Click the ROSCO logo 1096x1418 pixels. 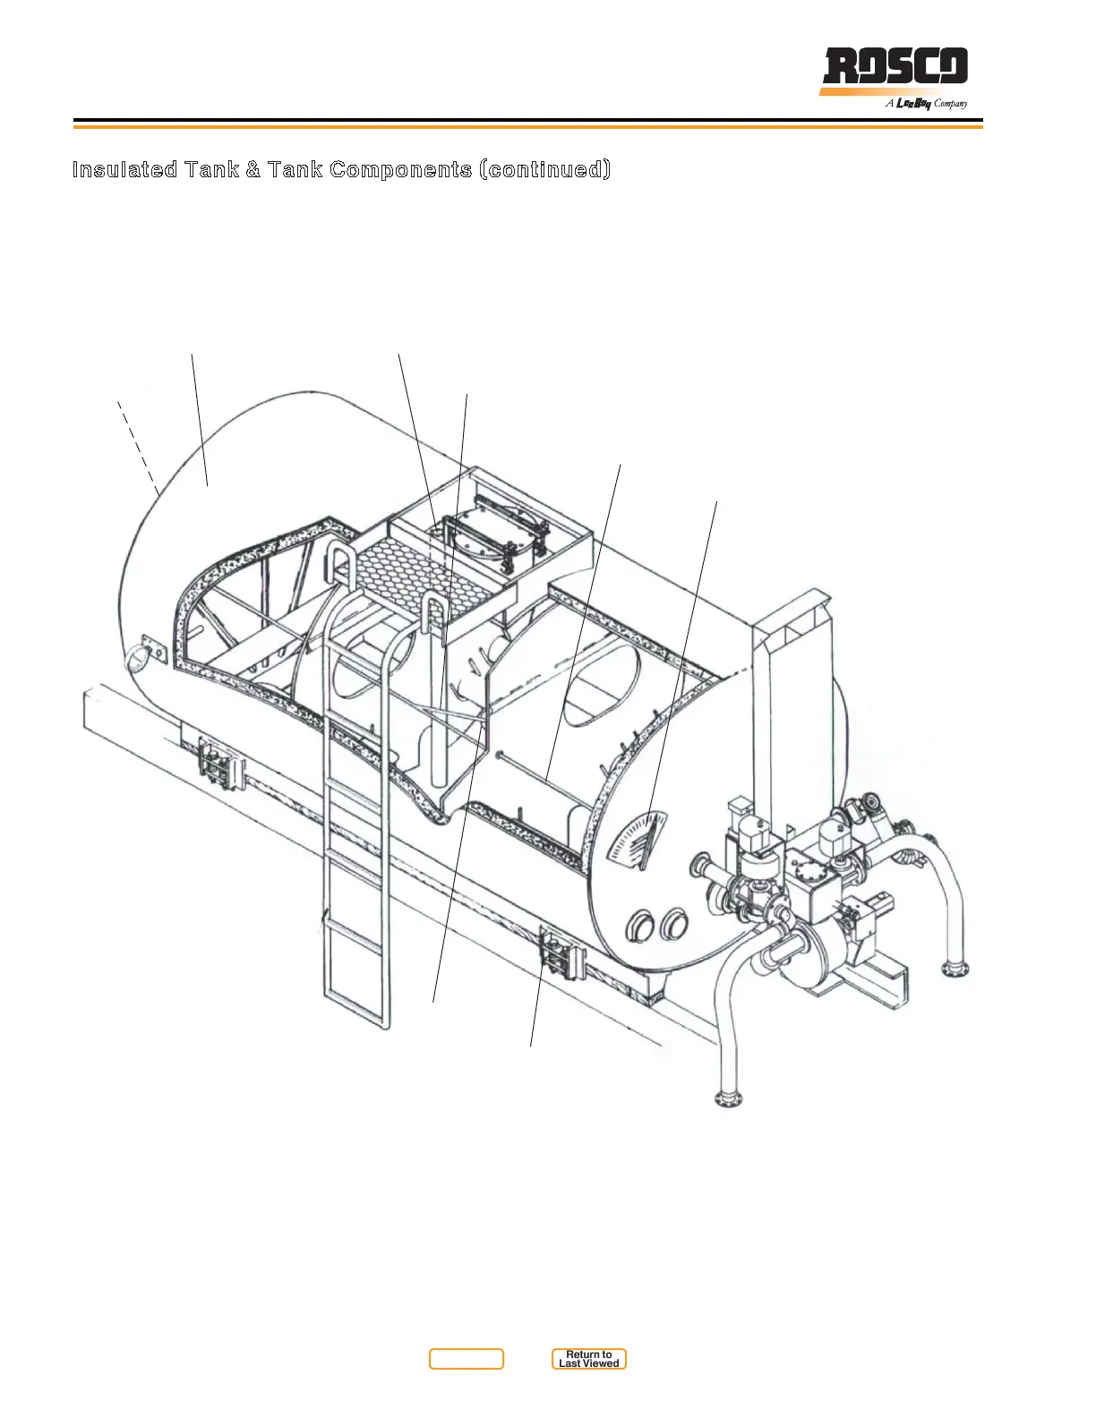coord(895,67)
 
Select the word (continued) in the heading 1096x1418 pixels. coord(545,169)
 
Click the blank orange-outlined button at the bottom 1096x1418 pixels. coord(466,1359)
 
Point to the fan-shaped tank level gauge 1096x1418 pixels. coord(638,840)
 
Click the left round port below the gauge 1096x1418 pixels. coord(640,926)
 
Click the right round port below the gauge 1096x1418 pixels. coord(674,923)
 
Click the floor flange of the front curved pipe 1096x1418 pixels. coord(731,1098)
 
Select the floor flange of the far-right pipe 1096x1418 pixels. coord(956,969)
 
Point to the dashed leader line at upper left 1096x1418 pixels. coord(139,448)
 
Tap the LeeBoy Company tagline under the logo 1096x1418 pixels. coord(926,104)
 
